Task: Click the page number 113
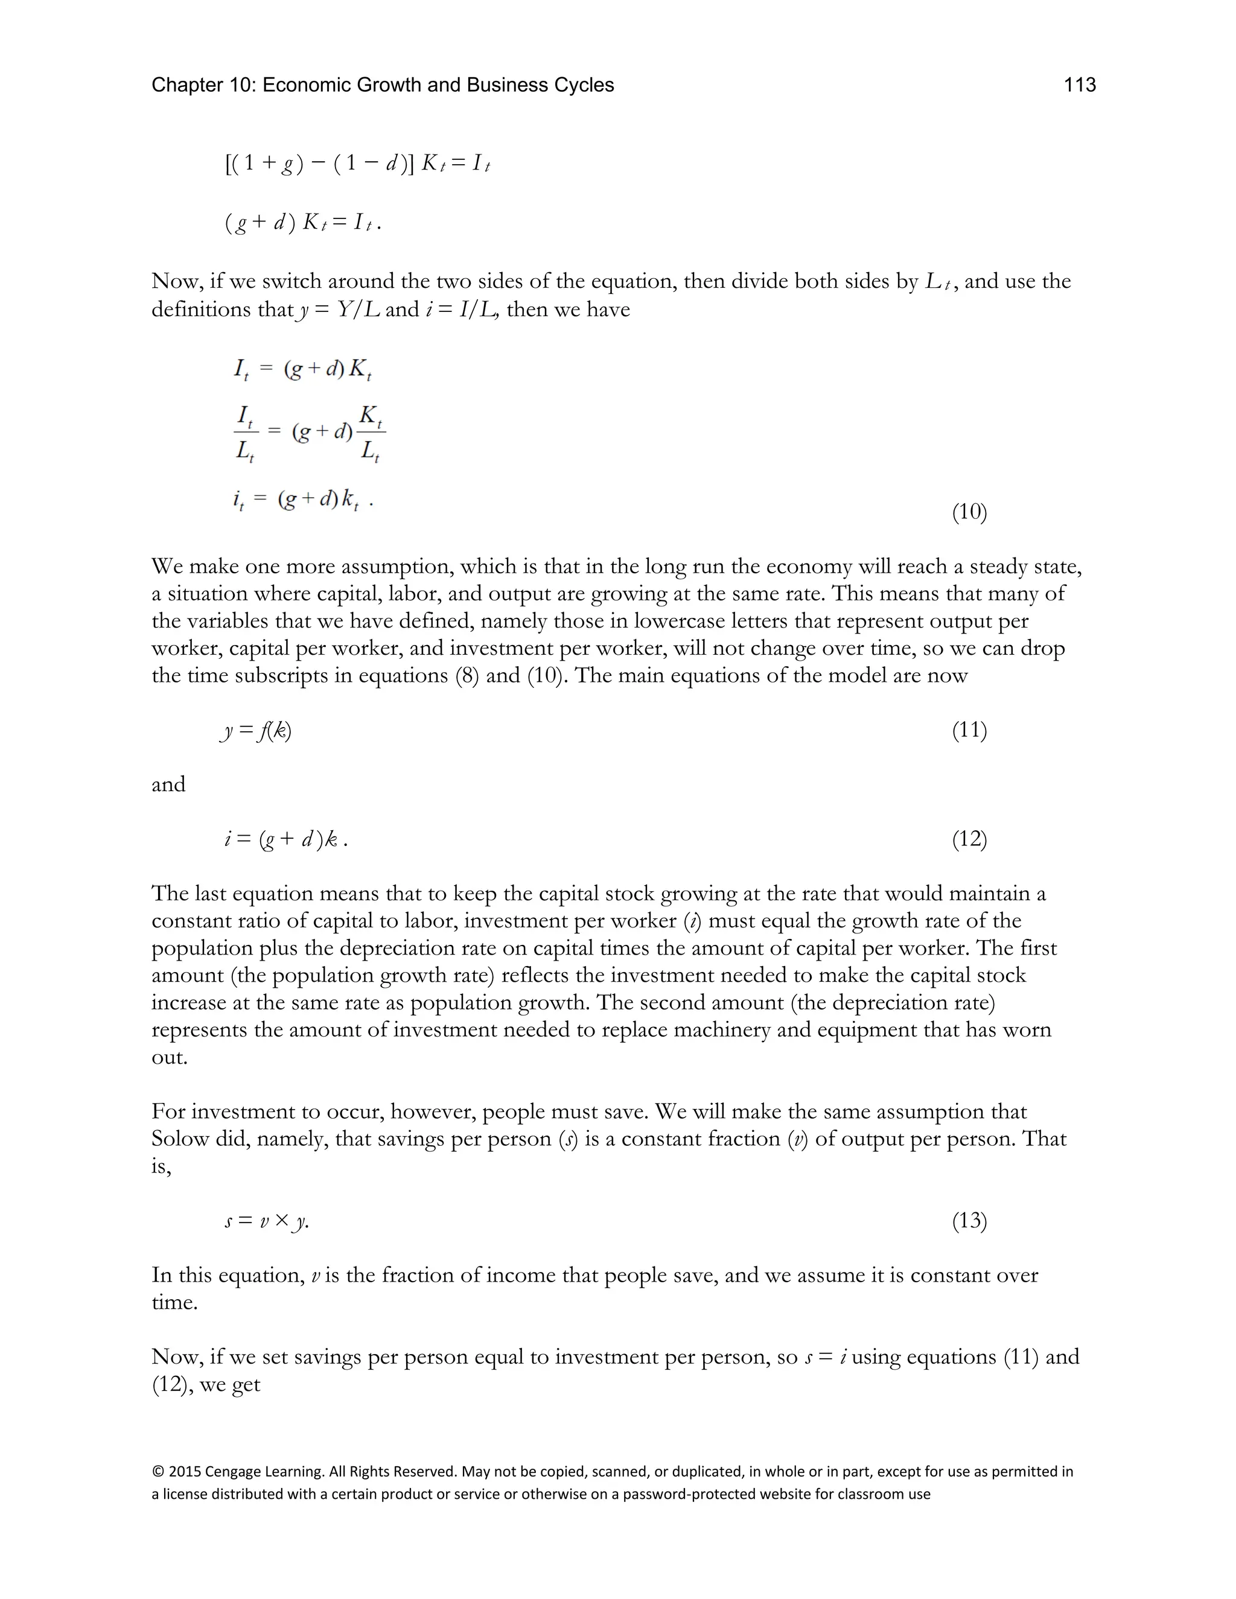[x=1078, y=85]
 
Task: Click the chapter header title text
[x=382, y=85]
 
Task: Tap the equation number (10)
[x=969, y=512]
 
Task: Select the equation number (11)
[x=969, y=730]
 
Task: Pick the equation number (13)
[x=969, y=1221]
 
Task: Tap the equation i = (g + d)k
[x=285, y=839]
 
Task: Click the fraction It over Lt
[x=245, y=433]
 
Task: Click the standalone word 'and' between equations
[x=168, y=784]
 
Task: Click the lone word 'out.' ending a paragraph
[x=169, y=1057]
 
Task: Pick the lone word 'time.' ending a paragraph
[x=174, y=1303]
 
